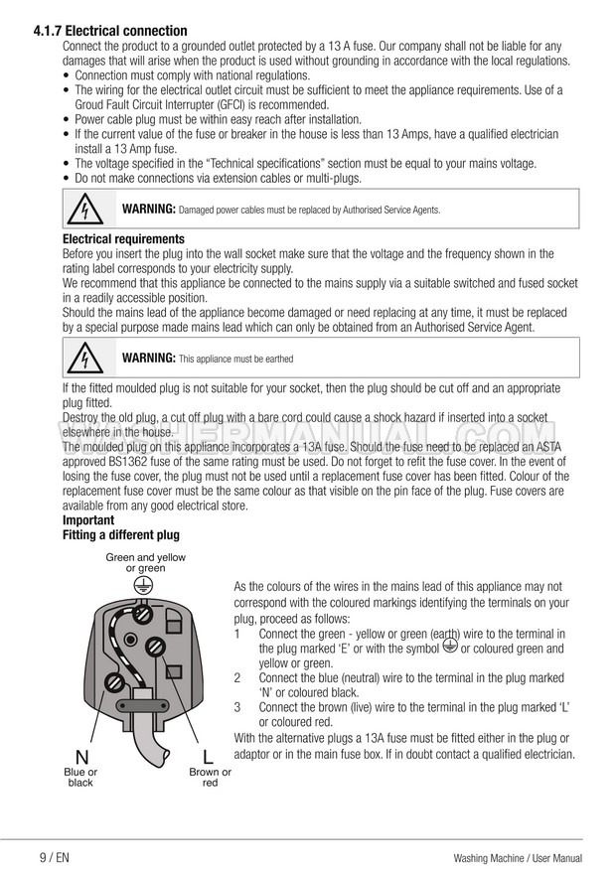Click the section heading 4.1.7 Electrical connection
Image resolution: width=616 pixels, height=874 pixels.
click(x=109, y=32)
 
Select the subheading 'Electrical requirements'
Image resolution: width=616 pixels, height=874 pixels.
click(x=123, y=239)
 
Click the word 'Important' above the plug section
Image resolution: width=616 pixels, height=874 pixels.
click(x=88, y=520)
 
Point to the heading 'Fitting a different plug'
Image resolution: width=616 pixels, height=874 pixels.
click(x=120, y=535)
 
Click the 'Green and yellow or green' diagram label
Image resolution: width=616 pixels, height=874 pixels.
click(x=145, y=563)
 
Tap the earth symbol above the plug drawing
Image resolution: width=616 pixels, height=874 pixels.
click(x=144, y=584)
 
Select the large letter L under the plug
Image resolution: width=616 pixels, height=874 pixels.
click(x=209, y=757)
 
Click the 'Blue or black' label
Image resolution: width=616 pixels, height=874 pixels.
click(x=80, y=778)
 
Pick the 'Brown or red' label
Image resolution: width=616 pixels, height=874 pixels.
click(x=210, y=778)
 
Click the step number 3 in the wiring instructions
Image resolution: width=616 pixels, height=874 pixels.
click(x=237, y=707)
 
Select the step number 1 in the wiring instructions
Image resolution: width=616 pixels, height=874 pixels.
click(x=237, y=634)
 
